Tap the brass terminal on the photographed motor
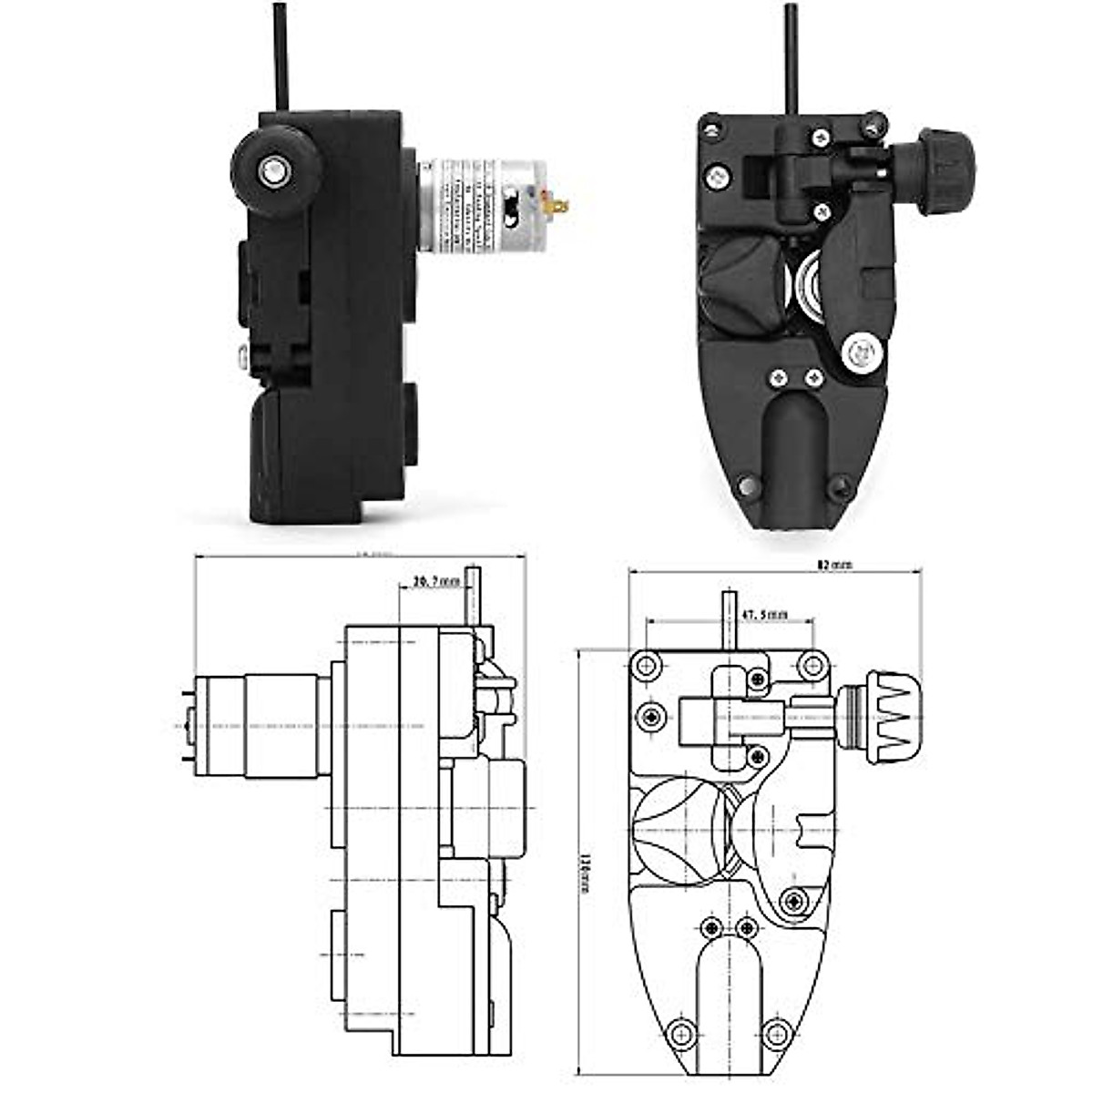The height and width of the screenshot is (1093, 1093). [x=557, y=206]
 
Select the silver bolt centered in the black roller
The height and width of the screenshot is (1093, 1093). [x=271, y=168]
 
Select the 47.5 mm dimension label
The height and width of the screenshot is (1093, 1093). [x=763, y=615]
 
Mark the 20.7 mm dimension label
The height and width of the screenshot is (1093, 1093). [x=436, y=580]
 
